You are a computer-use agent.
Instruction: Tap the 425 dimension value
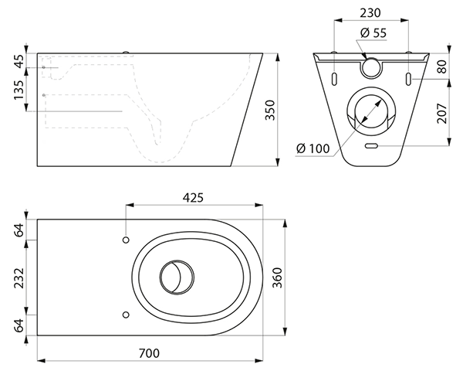[193, 198]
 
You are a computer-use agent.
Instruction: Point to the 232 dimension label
[19, 277]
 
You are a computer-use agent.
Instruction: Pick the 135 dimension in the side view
[19, 93]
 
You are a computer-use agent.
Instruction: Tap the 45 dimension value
[19, 61]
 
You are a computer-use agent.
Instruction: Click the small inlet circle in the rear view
[372, 67]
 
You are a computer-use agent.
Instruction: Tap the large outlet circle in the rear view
[372, 111]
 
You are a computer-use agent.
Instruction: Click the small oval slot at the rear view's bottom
[371, 145]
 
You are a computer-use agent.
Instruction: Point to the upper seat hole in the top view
[125, 240]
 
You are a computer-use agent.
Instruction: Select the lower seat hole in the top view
[125, 314]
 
